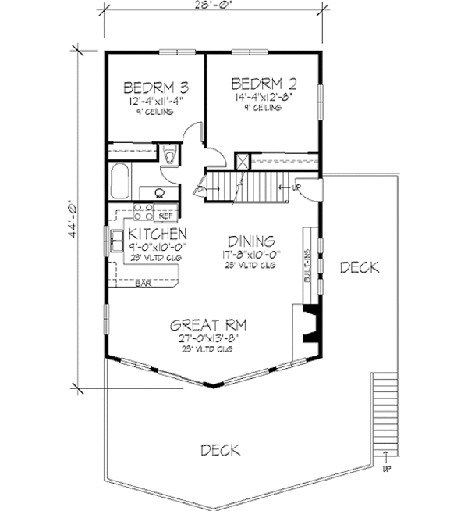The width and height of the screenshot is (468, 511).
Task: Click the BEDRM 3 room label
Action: (x=154, y=87)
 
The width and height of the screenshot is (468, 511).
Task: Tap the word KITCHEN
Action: (x=157, y=234)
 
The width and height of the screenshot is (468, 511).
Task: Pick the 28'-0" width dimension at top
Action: (x=211, y=6)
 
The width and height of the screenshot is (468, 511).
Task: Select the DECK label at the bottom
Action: (x=219, y=451)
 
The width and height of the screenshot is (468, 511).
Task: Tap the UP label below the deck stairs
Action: (x=386, y=469)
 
